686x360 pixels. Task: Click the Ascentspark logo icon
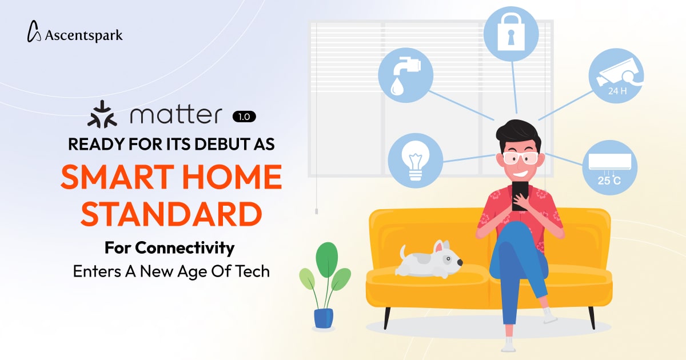34,31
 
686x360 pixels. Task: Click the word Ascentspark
83,35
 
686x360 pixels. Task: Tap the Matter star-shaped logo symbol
102,114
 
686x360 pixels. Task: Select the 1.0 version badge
244,117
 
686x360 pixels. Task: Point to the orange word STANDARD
171,214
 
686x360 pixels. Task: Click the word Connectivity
185,248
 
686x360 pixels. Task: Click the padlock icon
511,34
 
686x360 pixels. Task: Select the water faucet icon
405,75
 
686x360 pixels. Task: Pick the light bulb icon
415,161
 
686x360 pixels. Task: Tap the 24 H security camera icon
616,76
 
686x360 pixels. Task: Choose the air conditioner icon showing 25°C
609,168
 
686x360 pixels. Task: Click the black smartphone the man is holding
520,195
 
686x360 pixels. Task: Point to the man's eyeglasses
521,158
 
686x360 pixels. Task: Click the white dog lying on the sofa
429,259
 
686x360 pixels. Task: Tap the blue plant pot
324,318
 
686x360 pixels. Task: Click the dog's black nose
460,262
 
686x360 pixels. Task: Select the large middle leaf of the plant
327,260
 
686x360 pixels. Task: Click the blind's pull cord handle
316,211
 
